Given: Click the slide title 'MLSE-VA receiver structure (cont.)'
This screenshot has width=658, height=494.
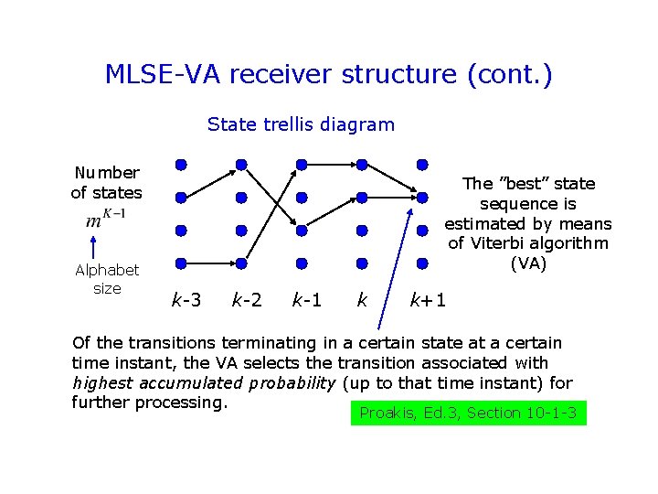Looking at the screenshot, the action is [328, 74].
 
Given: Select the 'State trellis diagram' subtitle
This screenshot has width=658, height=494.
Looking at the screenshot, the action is [301, 124].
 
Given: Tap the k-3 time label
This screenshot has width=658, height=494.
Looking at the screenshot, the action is [186, 299].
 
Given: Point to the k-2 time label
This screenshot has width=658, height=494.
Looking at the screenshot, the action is [247, 299].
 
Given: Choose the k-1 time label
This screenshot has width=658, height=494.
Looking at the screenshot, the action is [307, 299].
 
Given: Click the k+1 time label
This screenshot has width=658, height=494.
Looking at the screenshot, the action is [428, 299].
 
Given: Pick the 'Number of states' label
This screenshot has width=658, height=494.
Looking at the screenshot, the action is [107, 182].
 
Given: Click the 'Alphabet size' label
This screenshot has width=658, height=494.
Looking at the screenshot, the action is [107, 279].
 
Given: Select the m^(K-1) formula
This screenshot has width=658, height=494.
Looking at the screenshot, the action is [106, 219].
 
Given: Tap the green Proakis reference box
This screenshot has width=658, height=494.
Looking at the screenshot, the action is [468, 413].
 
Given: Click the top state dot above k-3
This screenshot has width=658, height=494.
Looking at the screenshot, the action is [181, 165].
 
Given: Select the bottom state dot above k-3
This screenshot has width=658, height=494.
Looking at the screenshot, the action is [181, 263].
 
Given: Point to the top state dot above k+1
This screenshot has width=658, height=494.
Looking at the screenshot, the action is [422, 165].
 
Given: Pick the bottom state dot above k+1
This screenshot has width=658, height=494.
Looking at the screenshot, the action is [422, 263].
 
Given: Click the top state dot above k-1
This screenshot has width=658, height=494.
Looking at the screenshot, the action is [302, 165].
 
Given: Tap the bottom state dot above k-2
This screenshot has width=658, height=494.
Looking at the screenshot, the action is [241, 263].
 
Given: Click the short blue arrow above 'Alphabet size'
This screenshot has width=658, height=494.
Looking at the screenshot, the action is [92, 246].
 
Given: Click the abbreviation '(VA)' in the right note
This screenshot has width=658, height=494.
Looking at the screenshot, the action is [528, 263].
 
